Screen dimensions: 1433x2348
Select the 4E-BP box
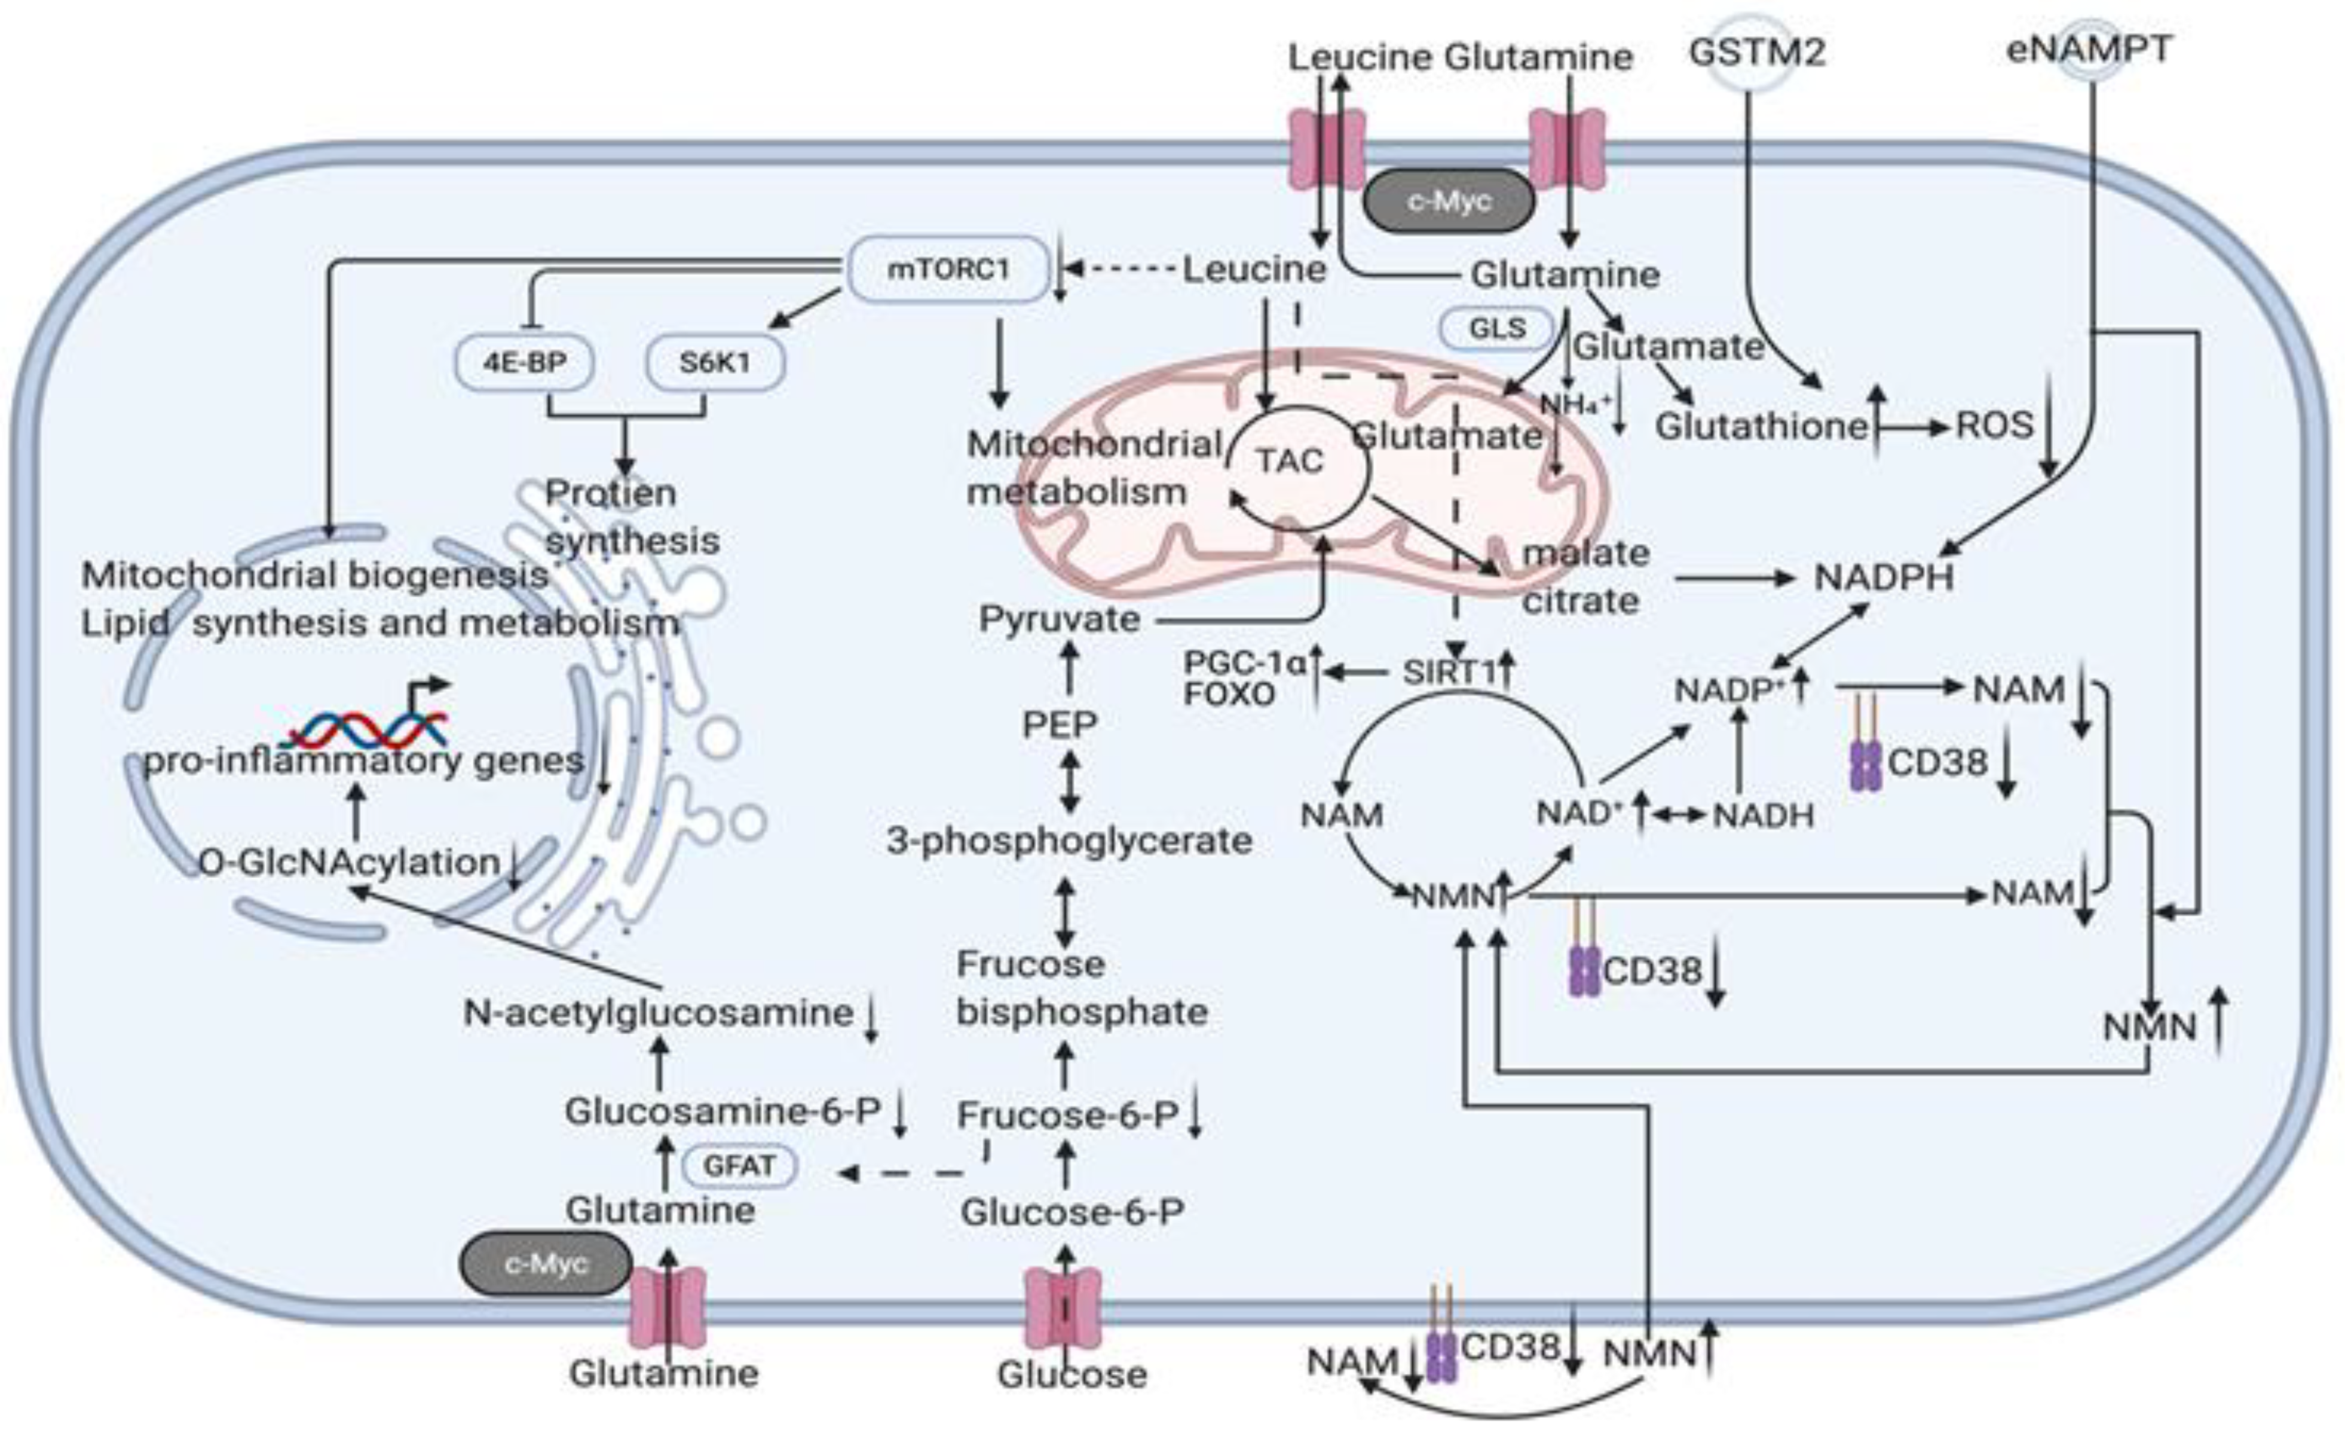524,362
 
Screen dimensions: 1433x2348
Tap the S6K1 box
715,362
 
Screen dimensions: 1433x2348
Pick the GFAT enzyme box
739,1165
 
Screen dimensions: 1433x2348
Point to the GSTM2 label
1756,53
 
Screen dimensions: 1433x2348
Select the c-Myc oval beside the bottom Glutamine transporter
546,1264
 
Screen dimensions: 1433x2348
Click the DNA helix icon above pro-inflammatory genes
367,729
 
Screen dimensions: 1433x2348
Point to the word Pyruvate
1060,620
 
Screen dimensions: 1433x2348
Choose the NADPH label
1884,578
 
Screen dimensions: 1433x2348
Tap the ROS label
1994,425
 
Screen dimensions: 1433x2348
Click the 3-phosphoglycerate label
1069,841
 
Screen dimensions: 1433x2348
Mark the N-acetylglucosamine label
657,1013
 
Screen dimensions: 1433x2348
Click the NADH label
1763,816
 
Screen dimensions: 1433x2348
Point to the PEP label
1060,725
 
